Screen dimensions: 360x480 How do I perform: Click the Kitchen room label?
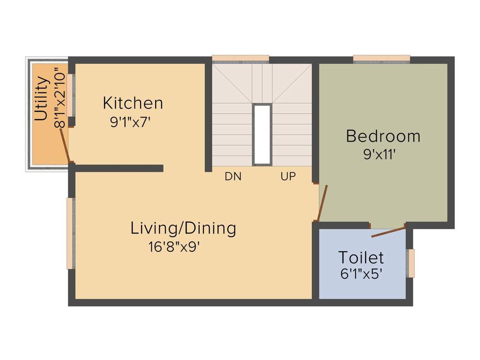point(133,102)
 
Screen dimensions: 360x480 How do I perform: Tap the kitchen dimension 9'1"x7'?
point(130,122)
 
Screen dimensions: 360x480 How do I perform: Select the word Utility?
point(42,99)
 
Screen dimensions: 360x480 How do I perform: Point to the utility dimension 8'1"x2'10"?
point(59,98)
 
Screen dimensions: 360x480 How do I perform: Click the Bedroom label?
point(383,136)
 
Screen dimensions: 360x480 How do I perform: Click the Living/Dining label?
point(183,228)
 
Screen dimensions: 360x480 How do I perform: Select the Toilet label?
point(361,257)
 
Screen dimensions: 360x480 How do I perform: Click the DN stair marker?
point(233,177)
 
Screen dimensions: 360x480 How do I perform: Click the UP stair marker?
point(288,177)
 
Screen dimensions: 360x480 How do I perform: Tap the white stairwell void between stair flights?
point(262,135)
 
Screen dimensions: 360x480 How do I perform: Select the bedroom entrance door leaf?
point(322,203)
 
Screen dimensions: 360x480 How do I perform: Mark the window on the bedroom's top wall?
point(382,59)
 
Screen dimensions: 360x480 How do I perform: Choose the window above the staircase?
point(240,59)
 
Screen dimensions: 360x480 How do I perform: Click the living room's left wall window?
point(70,233)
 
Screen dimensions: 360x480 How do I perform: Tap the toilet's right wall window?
point(411,263)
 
